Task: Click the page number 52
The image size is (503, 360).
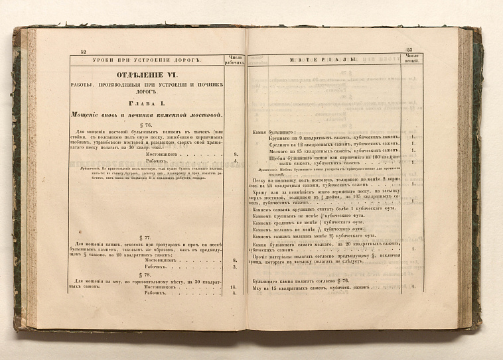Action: (x=84, y=52)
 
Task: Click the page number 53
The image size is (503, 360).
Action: (x=409, y=50)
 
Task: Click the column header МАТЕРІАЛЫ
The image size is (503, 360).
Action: (x=324, y=60)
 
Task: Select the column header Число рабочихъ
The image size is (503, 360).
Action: (x=236, y=60)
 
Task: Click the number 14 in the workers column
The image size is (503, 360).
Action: (x=234, y=288)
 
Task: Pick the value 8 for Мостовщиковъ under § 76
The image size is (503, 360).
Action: (x=235, y=153)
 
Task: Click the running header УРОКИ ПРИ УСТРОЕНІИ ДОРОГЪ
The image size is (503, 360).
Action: (x=149, y=60)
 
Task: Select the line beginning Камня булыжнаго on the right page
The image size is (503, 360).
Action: (x=269, y=132)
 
